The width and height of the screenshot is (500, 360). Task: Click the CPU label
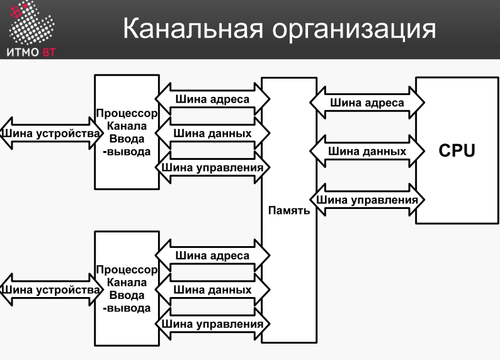(x=457, y=150)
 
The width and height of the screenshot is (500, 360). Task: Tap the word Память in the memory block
(x=289, y=210)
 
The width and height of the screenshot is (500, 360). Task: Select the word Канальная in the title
(x=193, y=28)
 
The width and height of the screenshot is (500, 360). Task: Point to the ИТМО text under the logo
(x=23, y=52)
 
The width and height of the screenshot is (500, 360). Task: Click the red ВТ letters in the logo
(x=49, y=52)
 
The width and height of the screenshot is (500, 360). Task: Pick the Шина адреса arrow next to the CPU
(x=367, y=103)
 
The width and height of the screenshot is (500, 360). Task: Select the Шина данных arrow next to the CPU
(x=367, y=151)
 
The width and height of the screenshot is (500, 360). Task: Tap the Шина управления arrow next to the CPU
(x=367, y=200)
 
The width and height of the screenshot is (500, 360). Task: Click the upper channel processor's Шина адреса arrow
(x=212, y=99)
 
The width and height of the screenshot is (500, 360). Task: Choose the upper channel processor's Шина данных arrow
(x=212, y=133)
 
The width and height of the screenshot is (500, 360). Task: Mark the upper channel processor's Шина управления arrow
(x=212, y=167)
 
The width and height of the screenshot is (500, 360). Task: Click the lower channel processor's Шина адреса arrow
(x=212, y=256)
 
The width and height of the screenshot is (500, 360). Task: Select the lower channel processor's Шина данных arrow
(x=212, y=290)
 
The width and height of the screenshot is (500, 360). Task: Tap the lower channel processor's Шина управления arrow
(x=212, y=323)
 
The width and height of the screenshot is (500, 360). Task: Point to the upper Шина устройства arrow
(x=51, y=133)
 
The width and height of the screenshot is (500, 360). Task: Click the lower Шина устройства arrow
(x=51, y=290)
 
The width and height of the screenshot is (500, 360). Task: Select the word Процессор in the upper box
(x=127, y=113)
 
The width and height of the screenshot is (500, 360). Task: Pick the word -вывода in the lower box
(x=127, y=308)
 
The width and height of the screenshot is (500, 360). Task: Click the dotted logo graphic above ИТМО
(x=31, y=22)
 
